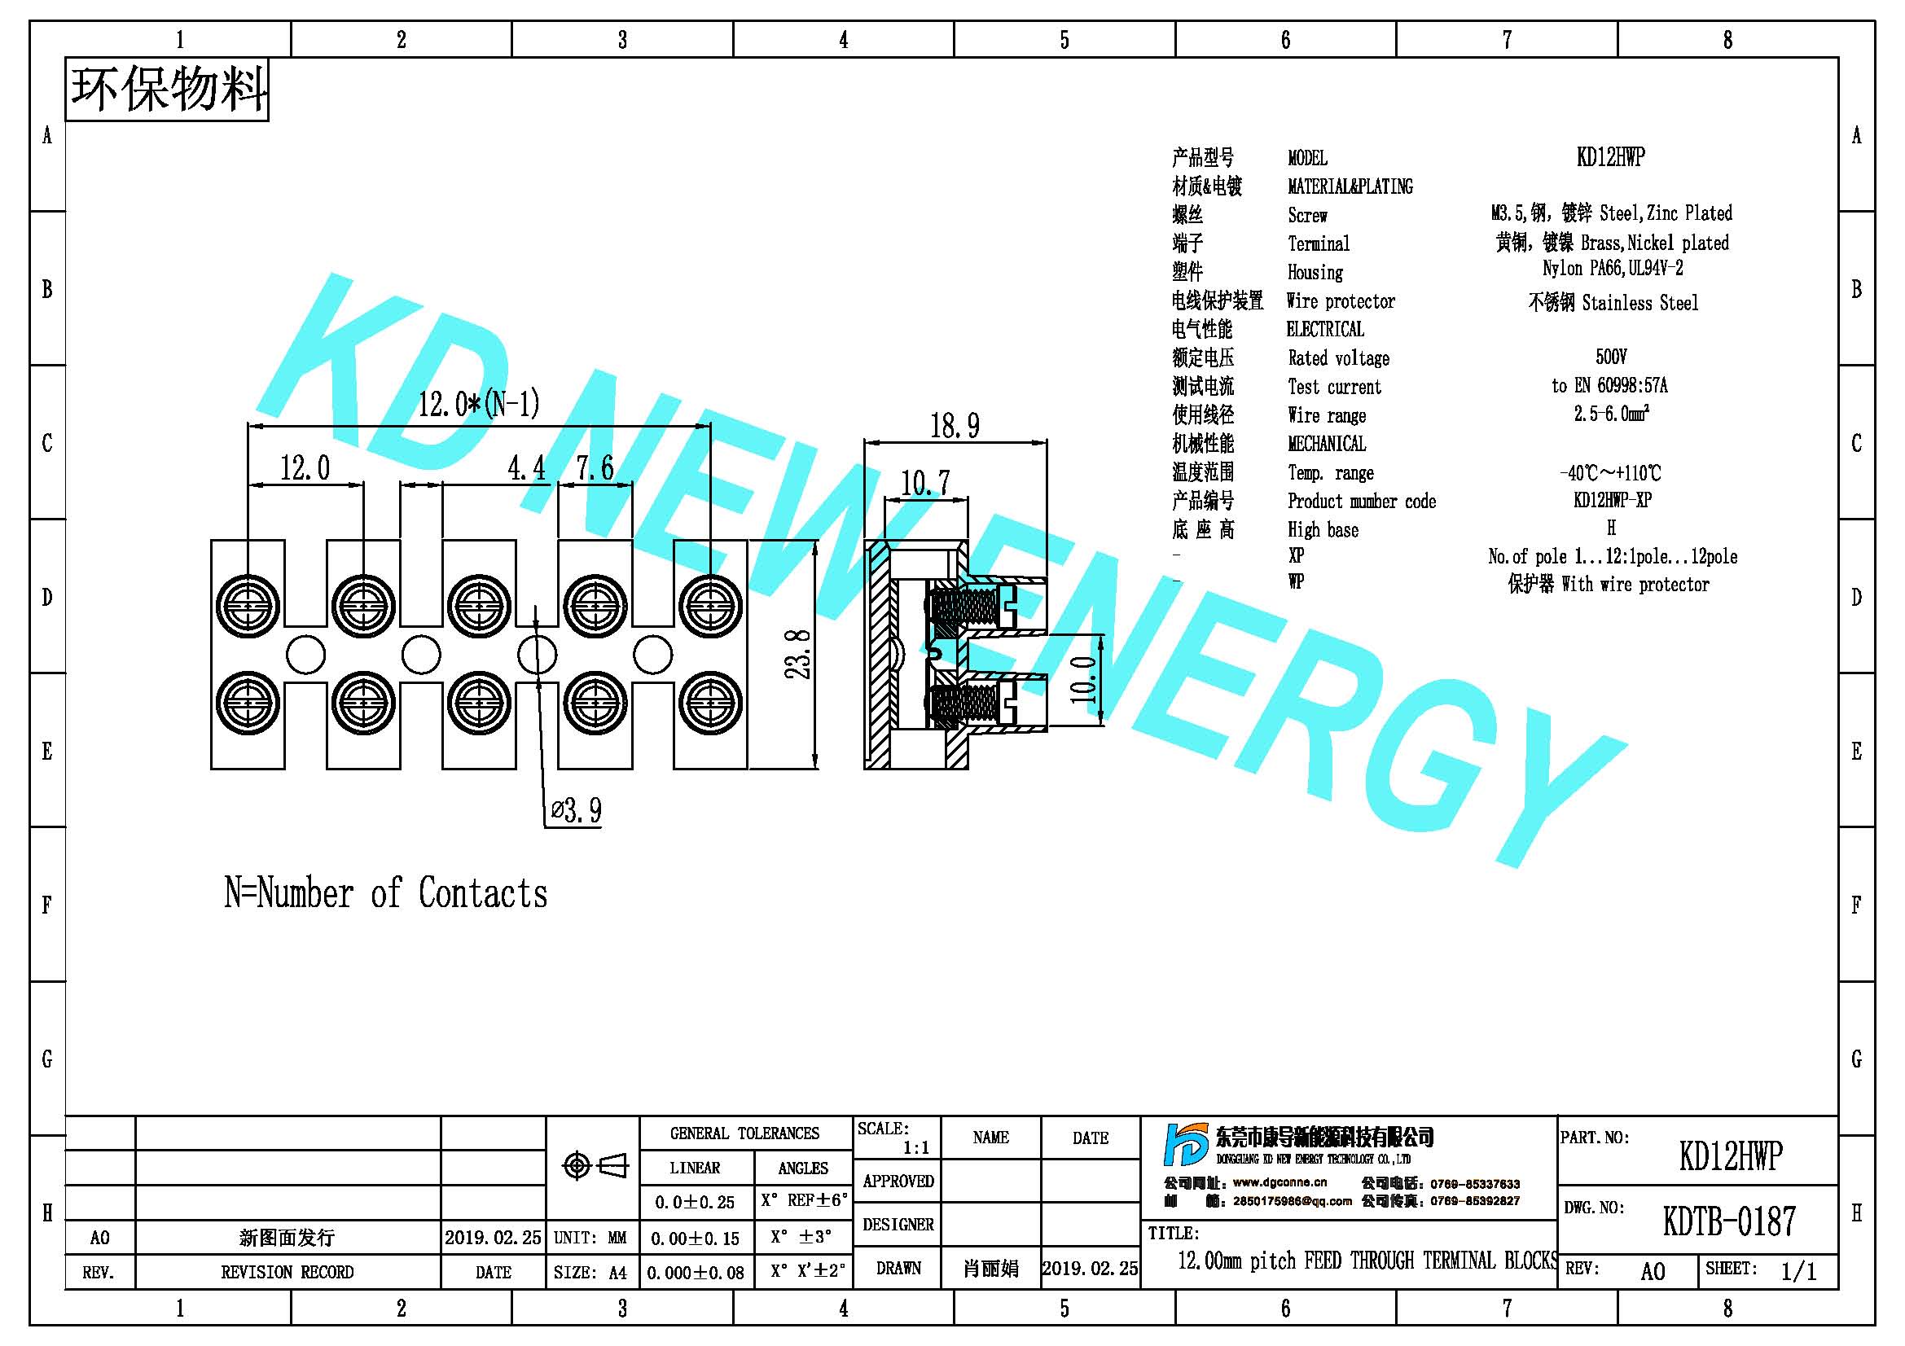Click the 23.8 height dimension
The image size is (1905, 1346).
pos(798,655)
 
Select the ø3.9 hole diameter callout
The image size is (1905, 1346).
pos(577,810)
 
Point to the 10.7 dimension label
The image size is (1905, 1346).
pos(925,483)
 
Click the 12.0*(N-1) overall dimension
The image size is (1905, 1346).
pos(479,405)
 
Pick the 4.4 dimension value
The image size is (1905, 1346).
pos(527,468)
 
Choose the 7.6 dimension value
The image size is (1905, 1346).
pos(595,468)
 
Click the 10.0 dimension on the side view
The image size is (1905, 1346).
pos(1082,680)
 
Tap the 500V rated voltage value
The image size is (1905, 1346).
pos(1610,357)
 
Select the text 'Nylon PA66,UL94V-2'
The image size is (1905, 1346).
pos(1612,269)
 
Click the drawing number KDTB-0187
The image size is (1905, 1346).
pos(1729,1221)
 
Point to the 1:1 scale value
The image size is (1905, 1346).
pos(916,1149)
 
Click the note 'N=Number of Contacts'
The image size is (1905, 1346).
pos(386,893)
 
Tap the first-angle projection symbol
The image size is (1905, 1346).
pos(595,1166)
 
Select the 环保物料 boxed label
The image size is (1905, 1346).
pos(168,90)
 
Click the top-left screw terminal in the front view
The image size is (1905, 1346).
pos(248,604)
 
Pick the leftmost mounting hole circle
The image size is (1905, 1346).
pos(305,655)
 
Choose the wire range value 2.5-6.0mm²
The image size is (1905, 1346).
pos(1611,413)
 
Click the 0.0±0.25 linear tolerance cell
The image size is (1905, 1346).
pos(695,1202)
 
